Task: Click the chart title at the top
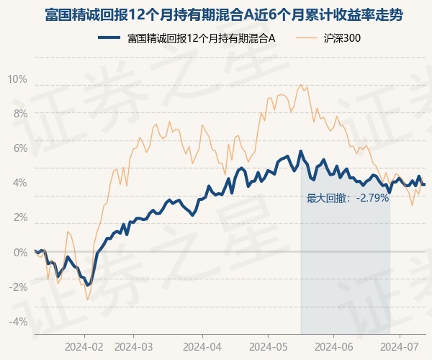(x=215, y=14)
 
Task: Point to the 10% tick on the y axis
(x=18, y=78)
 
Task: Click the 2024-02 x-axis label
(x=84, y=346)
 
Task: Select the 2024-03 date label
(x=135, y=346)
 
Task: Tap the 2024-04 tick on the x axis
(x=202, y=346)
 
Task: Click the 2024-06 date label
(x=333, y=346)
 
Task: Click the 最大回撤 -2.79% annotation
(x=348, y=197)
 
